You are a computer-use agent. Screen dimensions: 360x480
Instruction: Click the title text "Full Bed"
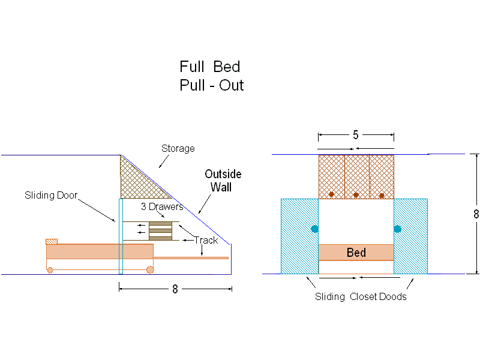click(x=209, y=66)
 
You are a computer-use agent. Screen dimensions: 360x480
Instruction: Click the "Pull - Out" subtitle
click(x=211, y=85)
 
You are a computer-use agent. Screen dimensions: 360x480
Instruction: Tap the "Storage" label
click(x=178, y=148)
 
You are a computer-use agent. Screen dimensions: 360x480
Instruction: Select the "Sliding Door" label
click(x=51, y=195)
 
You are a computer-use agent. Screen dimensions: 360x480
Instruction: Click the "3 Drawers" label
click(x=162, y=207)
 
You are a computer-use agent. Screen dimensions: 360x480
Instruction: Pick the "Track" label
click(x=206, y=240)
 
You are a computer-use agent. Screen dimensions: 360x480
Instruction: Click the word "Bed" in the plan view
click(x=356, y=253)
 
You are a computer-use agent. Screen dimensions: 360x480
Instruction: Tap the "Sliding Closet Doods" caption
click(x=361, y=296)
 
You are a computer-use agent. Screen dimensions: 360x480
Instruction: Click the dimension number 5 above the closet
click(x=356, y=135)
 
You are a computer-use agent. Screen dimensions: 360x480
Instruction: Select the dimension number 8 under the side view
click(x=175, y=289)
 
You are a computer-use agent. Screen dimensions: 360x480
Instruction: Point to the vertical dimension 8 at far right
click(x=476, y=214)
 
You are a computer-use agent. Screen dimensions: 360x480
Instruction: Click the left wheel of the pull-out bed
click(x=50, y=270)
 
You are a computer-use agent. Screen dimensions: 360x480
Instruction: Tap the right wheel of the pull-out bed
click(x=149, y=270)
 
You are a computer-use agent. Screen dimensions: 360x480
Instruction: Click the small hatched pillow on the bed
click(x=52, y=241)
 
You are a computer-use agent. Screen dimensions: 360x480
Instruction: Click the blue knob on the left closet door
click(x=314, y=229)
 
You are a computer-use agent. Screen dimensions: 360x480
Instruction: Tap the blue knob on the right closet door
click(x=397, y=229)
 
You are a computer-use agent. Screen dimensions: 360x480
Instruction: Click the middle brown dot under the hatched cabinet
click(x=356, y=194)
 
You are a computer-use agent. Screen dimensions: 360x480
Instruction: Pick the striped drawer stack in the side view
click(x=160, y=231)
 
